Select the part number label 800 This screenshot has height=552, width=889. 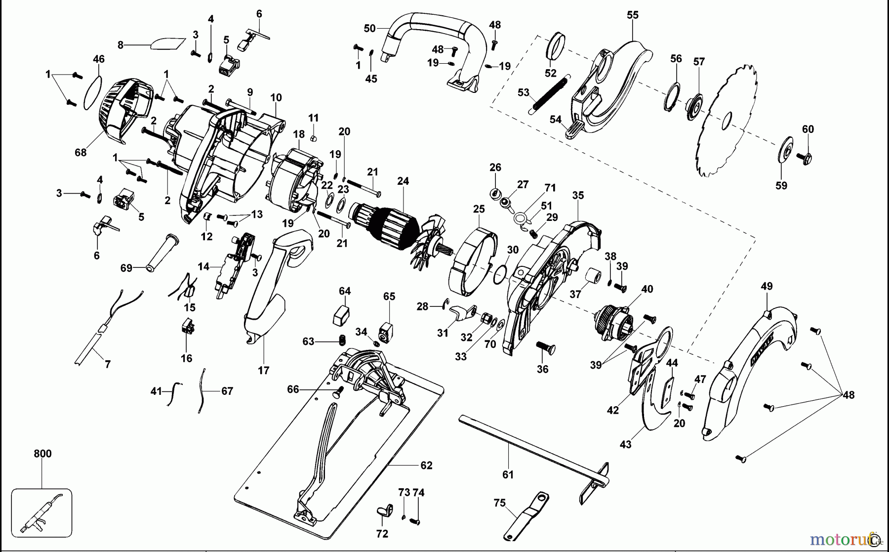(42, 454)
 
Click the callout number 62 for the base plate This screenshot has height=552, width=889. (426, 465)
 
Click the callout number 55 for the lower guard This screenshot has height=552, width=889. (632, 15)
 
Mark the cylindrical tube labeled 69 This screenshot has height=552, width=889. (161, 252)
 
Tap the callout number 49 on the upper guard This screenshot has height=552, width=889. (767, 286)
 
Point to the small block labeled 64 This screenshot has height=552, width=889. (341, 315)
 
